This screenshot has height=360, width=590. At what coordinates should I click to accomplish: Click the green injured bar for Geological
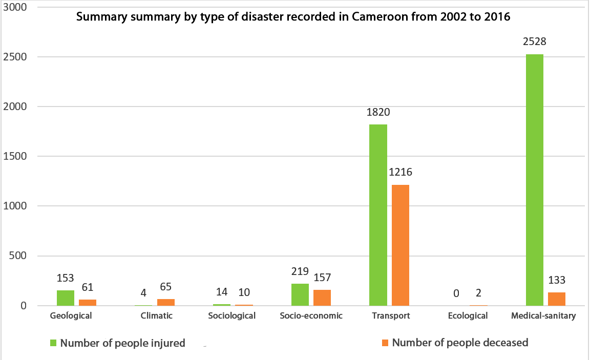[66, 298]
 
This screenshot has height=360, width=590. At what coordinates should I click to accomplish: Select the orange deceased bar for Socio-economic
[322, 298]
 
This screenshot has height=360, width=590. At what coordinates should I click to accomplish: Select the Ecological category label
[468, 315]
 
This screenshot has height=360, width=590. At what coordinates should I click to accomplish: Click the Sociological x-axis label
[232, 315]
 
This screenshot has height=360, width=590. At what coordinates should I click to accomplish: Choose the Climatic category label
[157, 315]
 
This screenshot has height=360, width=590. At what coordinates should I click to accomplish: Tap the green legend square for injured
[53, 343]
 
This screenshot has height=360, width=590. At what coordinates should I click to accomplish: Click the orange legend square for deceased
[386, 343]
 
